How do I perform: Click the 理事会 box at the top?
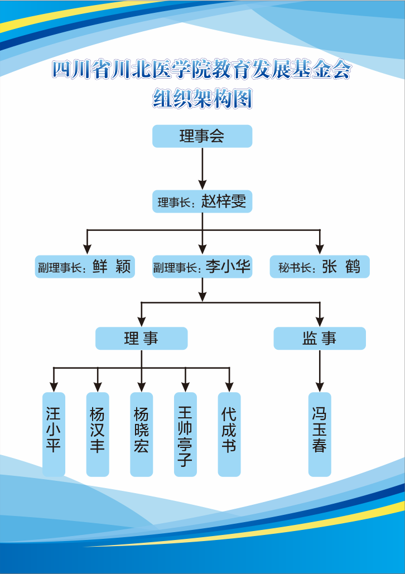202,136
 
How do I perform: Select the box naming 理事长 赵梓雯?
202,201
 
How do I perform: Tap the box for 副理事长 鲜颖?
84,267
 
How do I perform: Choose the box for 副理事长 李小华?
202,267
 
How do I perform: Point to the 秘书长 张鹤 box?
320,267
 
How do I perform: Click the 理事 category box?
141,339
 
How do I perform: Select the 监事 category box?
320,339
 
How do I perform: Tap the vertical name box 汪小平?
54,435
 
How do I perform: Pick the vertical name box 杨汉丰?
98,435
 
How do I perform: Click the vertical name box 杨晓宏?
141,435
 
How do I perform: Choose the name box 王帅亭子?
185,435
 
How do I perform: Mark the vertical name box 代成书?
229,435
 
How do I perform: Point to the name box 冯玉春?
320,435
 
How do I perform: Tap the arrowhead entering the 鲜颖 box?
86,249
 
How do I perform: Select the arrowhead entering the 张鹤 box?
320,249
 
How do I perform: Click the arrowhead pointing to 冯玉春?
320,386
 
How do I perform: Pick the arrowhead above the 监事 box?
320,321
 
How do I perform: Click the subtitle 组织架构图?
202,99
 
